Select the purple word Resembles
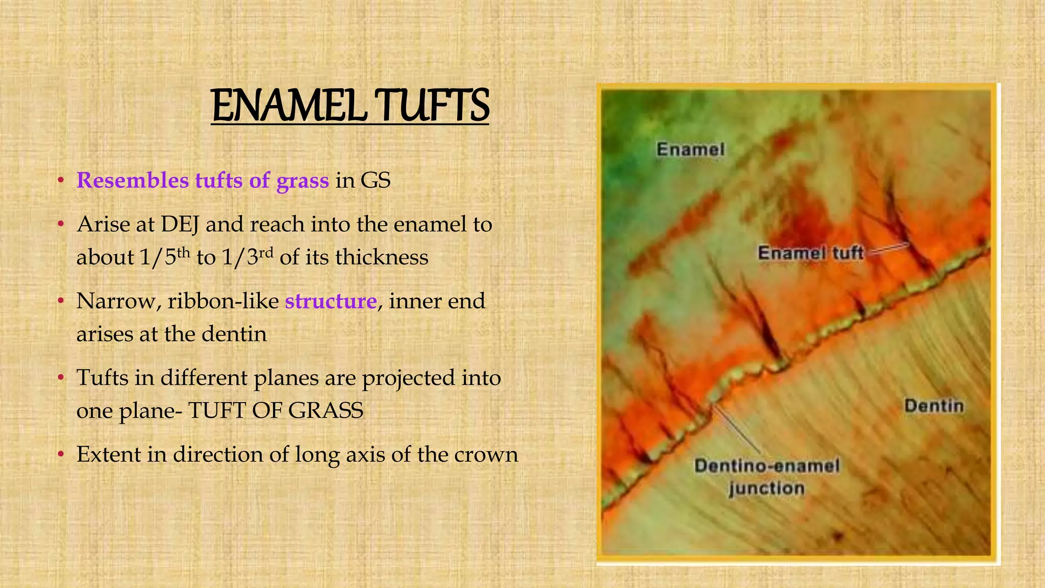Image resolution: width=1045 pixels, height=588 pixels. pos(132,181)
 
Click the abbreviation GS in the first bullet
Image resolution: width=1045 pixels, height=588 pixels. pos(376,181)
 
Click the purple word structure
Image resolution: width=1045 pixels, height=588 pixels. pos(331,301)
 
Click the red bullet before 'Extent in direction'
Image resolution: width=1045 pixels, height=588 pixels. pos(60,454)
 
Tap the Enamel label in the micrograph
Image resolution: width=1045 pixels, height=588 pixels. pos(690,150)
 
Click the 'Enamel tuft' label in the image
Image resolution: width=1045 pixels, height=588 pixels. pos(810,253)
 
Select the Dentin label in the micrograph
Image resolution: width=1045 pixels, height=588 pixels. pos(934,406)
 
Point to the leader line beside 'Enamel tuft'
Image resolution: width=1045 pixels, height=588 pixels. pos(888,249)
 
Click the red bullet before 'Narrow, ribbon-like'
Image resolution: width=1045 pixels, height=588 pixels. pos(60,301)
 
